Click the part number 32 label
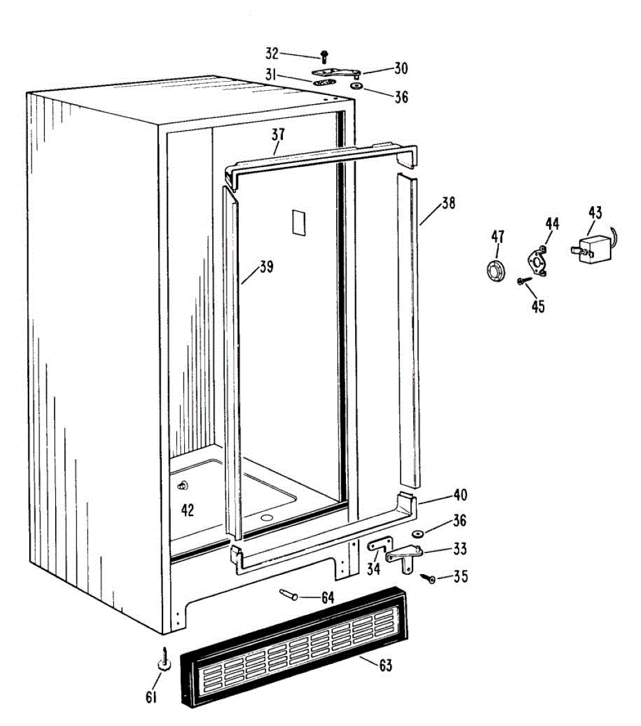271,53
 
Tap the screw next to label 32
324,57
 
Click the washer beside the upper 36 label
354,87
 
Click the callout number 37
278,134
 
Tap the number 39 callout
267,266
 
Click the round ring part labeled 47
497,269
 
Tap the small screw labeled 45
522,281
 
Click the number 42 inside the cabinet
188,510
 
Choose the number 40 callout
460,495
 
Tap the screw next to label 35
431,580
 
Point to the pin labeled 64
288,595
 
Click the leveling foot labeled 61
164,661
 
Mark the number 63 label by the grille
385,666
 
